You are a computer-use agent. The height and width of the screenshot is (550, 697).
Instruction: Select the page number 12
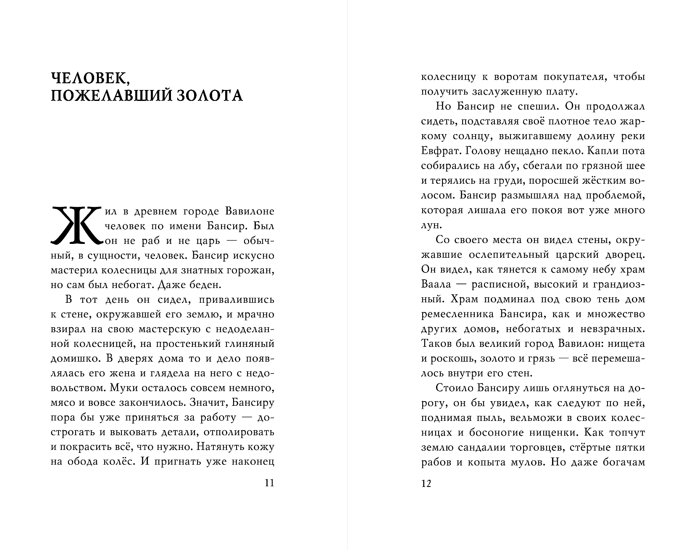[x=426, y=484]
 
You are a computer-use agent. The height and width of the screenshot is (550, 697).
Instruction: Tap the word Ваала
[x=436, y=284]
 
